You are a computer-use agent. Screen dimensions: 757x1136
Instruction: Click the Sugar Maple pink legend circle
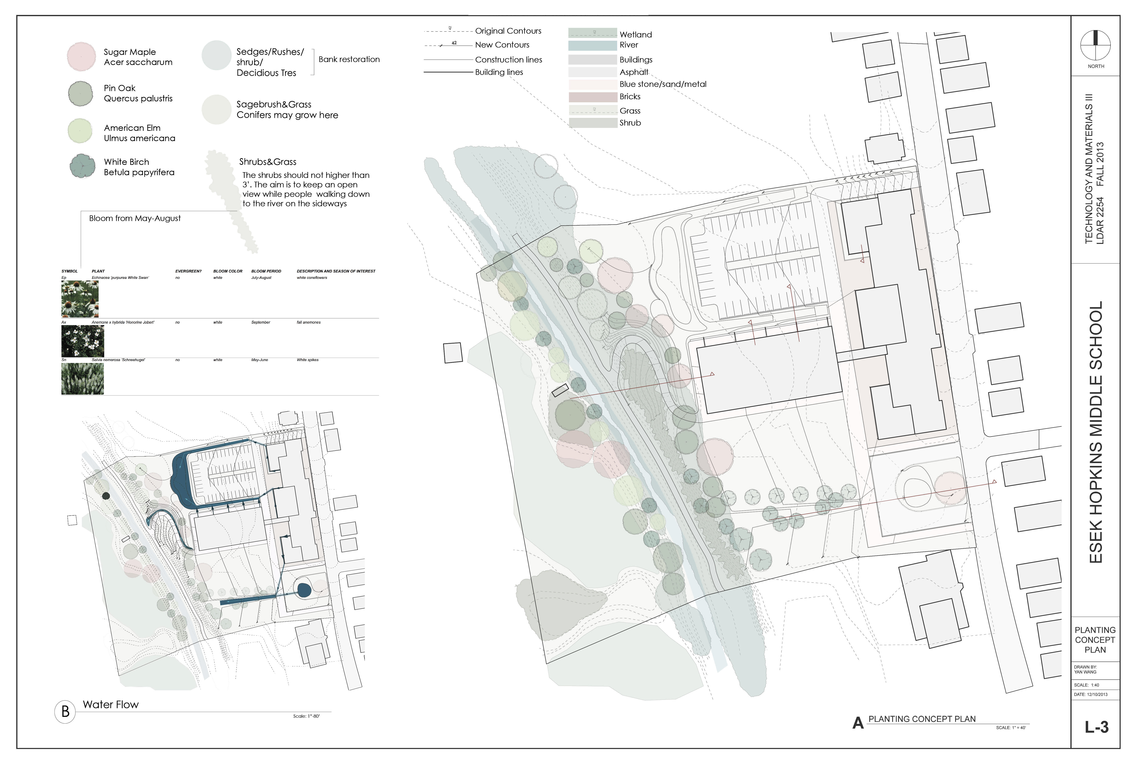(81, 57)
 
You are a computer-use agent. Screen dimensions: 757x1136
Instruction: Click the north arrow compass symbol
(1095, 46)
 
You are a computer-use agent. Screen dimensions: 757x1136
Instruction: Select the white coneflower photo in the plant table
(80, 299)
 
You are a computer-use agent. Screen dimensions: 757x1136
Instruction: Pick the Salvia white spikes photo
(82, 378)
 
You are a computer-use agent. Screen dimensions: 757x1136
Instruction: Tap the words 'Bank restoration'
(349, 59)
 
